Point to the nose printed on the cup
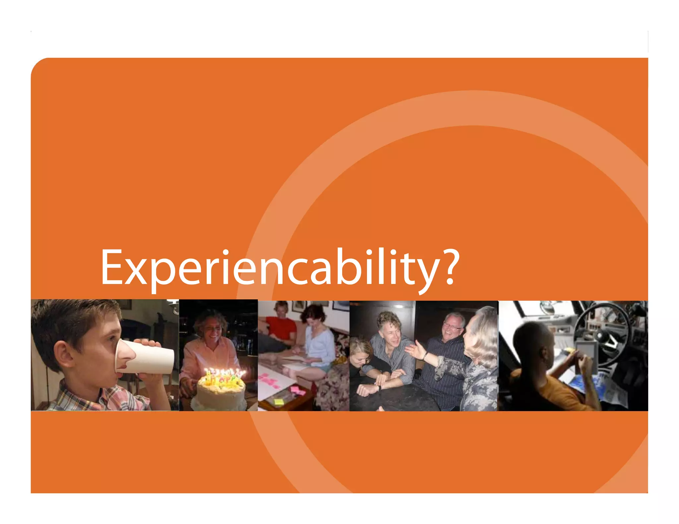pos(126,354)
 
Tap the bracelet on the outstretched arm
pos(425,356)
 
